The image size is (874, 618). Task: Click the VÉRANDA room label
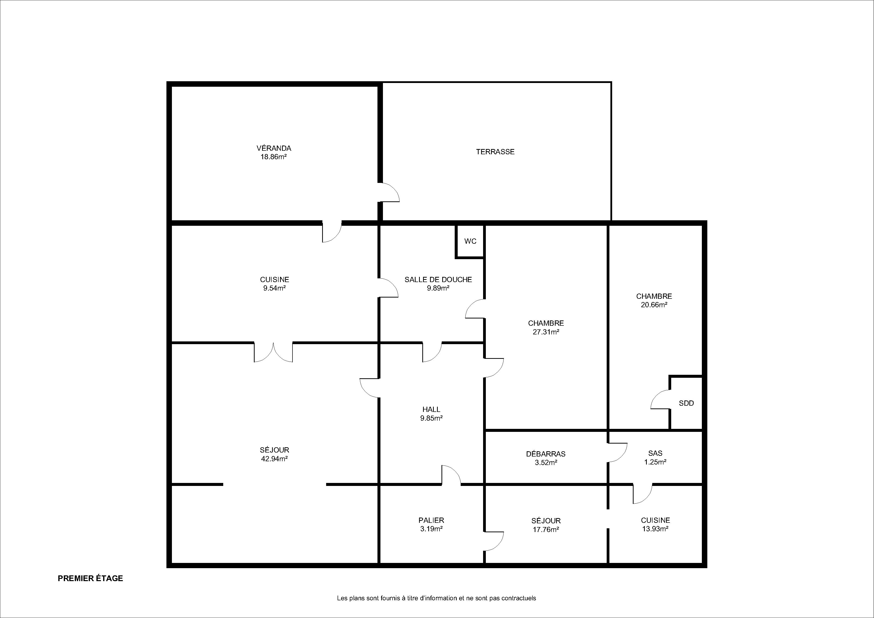(x=274, y=148)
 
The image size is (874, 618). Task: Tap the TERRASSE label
(x=495, y=152)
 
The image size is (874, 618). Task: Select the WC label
(x=470, y=241)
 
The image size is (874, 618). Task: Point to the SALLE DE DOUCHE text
(x=438, y=280)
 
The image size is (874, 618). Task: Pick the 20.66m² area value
(x=654, y=305)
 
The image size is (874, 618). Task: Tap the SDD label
(x=686, y=403)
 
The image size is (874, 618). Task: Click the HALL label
(x=431, y=409)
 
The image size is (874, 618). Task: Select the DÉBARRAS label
(x=545, y=454)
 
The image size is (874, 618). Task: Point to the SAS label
(x=655, y=453)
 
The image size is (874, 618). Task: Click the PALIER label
(x=431, y=520)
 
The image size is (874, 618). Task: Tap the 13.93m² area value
(x=655, y=529)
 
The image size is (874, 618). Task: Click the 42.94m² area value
(x=274, y=459)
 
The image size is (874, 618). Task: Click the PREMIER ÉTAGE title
(x=90, y=578)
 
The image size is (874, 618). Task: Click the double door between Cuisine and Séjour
(x=273, y=352)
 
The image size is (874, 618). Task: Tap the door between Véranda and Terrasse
(x=389, y=192)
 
